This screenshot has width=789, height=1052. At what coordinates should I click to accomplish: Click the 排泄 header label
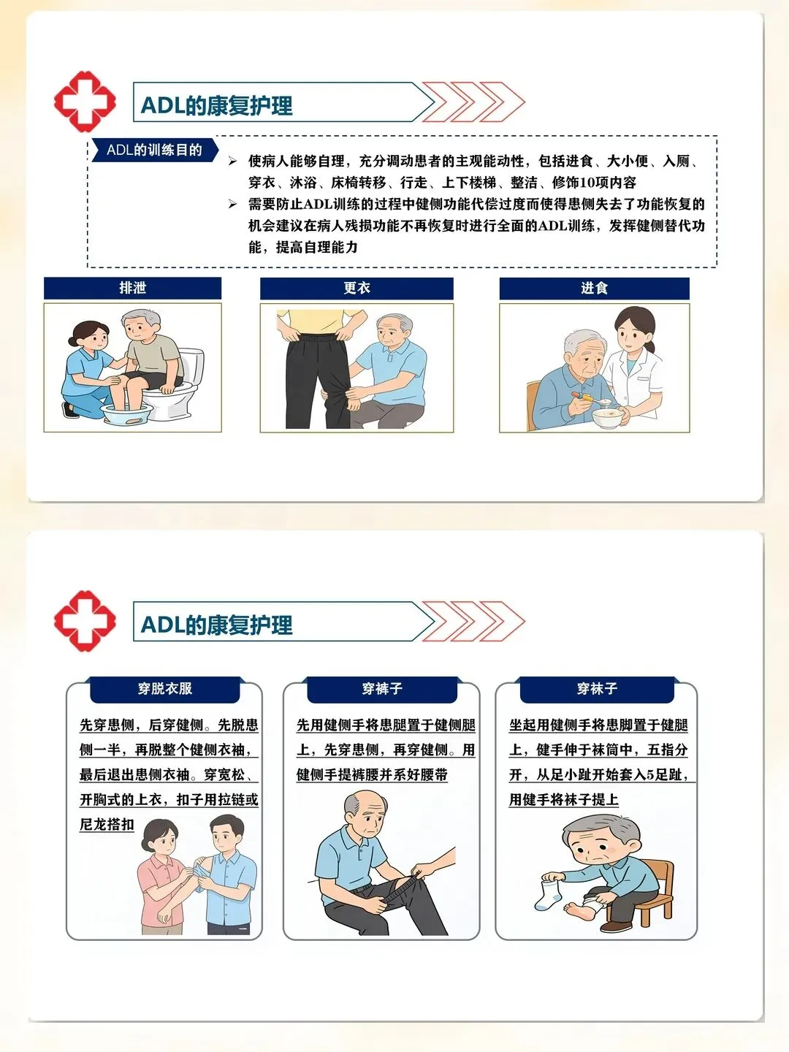tap(132, 288)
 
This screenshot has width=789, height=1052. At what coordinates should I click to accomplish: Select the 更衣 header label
tap(357, 288)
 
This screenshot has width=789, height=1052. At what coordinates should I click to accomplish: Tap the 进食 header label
tap(594, 288)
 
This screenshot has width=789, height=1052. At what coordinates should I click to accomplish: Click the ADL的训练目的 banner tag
tap(154, 150)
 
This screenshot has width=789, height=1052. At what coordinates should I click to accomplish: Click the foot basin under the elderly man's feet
tap(126, 414)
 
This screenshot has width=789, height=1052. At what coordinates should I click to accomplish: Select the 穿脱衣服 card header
tap(165, 689)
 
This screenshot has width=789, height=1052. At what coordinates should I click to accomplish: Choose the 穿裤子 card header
tap(382, 689)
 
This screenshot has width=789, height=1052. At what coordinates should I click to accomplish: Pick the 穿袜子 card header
tap(597, 689)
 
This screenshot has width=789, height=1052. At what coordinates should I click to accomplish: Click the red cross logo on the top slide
tap(85, 102)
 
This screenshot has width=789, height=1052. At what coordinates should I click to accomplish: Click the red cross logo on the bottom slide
tap(85, 621)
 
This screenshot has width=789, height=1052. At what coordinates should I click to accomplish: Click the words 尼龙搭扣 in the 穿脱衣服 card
tap(107, 824)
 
